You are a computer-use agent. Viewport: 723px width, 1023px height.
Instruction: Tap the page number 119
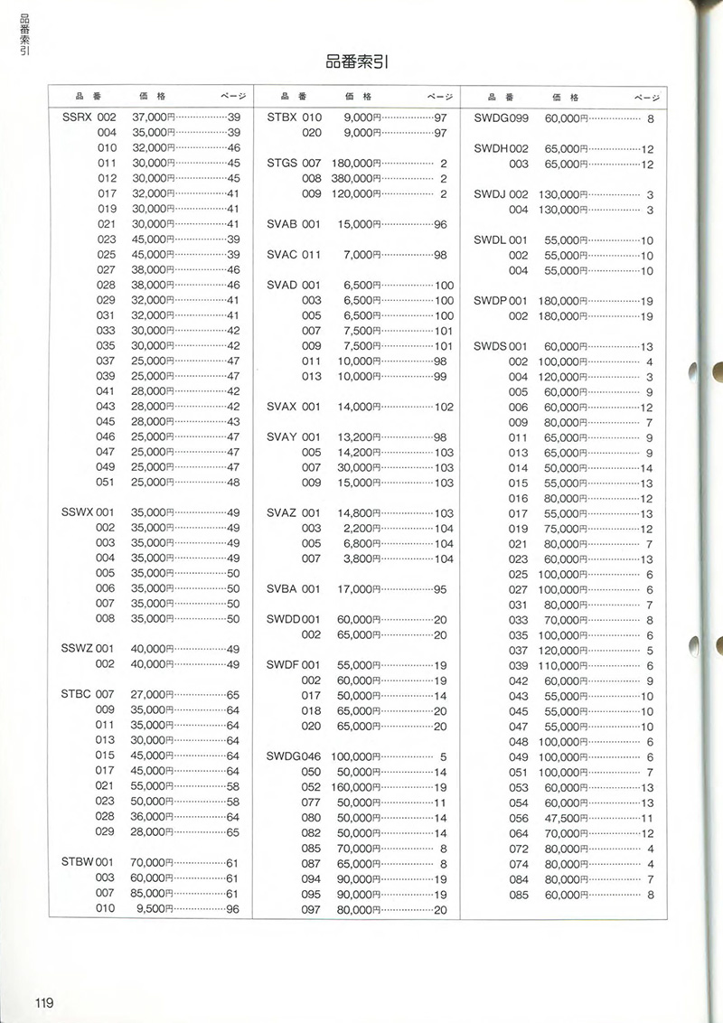pyautogui.click(x=45, y=1001)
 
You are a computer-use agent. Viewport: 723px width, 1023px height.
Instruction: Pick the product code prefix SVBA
pyautogui.click(x=282, y=589)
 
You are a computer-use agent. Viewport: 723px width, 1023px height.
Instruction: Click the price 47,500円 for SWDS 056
pyautogui.click(x=566, y=818)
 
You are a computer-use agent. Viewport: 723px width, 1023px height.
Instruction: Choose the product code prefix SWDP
pyautogui.click(x=489, y=301)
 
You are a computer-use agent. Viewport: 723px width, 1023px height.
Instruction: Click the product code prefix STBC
pyautogui.click(x=76, y=694)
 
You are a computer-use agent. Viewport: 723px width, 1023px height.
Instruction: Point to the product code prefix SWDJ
pyautogui.click(x=490, y=194)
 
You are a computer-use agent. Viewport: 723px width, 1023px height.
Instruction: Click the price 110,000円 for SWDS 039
pyautogui.click(x=563, y=666)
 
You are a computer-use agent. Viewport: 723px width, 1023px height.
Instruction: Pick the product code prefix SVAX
pyautogui.click(x=282, y=407)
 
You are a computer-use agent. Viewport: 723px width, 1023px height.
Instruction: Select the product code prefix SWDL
pyautogui.click(x=490, y=240)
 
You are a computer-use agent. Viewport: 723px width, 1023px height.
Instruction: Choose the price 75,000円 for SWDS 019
pyautogui.click(x=566, y=529)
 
